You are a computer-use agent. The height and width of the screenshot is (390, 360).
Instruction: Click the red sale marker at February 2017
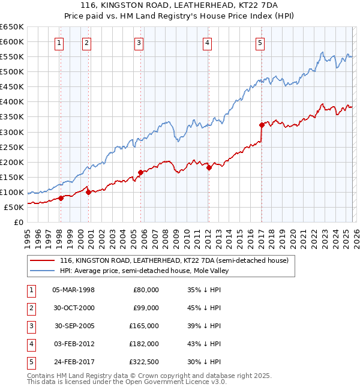262,125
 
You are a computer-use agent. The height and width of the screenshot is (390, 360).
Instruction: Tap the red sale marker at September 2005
140,172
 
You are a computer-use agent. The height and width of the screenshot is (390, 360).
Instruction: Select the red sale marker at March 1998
61,198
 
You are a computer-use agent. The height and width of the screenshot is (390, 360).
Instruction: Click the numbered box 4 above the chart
206,43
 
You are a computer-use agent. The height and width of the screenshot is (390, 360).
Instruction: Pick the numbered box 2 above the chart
86,43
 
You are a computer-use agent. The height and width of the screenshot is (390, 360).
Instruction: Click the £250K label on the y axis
12,147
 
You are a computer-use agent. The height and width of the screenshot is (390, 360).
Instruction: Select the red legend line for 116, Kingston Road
41,261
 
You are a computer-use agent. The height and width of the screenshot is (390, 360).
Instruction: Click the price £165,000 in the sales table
144,326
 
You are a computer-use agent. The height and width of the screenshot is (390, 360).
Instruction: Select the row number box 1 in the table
31,290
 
